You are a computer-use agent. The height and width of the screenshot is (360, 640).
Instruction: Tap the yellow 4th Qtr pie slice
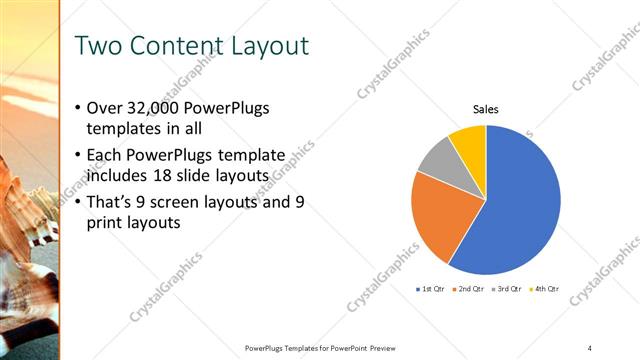click(469, 140)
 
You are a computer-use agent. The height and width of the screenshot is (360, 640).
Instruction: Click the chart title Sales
click(486, 110)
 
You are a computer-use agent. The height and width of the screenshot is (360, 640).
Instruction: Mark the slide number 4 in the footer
click(590, 348)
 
